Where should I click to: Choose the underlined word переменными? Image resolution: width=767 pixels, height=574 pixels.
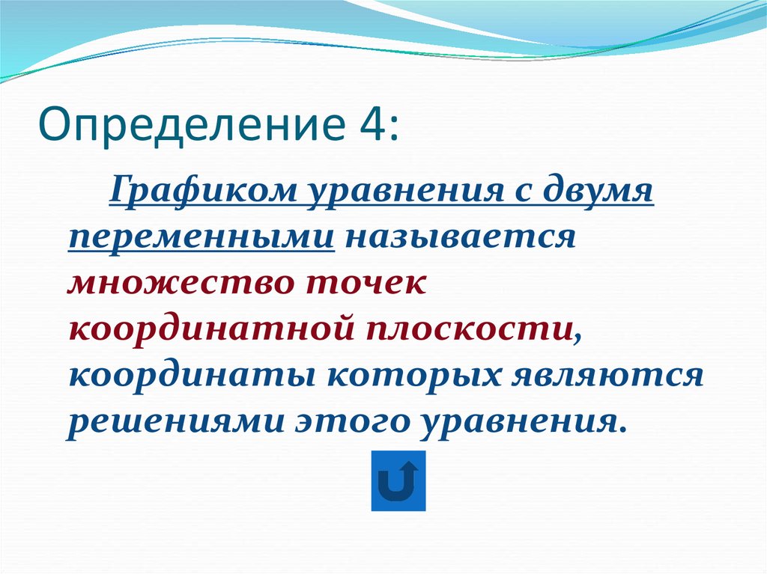click(200, 239)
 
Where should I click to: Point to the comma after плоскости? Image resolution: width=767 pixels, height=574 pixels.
click(577, 337)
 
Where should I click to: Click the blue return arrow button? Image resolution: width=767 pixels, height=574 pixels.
click(398, 481)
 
